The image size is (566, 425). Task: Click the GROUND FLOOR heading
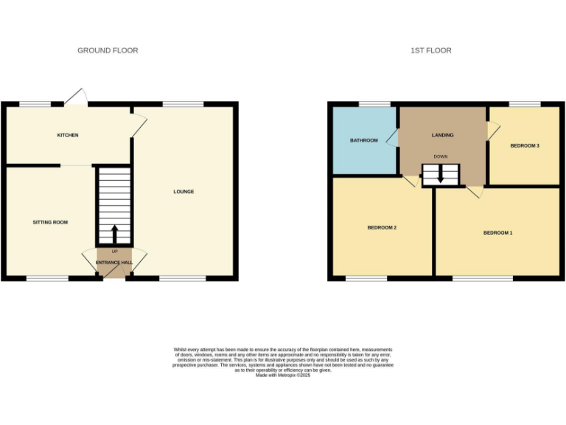[108, 50]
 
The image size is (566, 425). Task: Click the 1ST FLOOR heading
[431, 50]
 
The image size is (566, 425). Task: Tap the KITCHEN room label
[68, 135]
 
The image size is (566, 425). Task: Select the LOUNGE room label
[184, 192]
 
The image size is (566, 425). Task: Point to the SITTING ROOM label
[50, 221]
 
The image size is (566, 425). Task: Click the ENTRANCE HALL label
[114, 263]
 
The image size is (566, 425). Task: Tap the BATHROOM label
[364, 140]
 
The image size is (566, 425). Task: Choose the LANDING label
[442, 135]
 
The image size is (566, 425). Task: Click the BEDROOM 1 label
[497, 232]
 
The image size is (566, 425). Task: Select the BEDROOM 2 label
[382, 227]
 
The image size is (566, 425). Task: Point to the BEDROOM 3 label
[525, 145]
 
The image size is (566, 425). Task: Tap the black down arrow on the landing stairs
[440, 176]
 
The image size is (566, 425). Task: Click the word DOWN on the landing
[440, 157]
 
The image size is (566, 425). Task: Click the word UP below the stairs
[114, 252]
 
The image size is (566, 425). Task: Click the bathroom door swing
[393, 138]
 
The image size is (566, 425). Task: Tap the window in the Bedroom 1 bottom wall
[482, 278]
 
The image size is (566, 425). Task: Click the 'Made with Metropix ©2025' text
[283, 375]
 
